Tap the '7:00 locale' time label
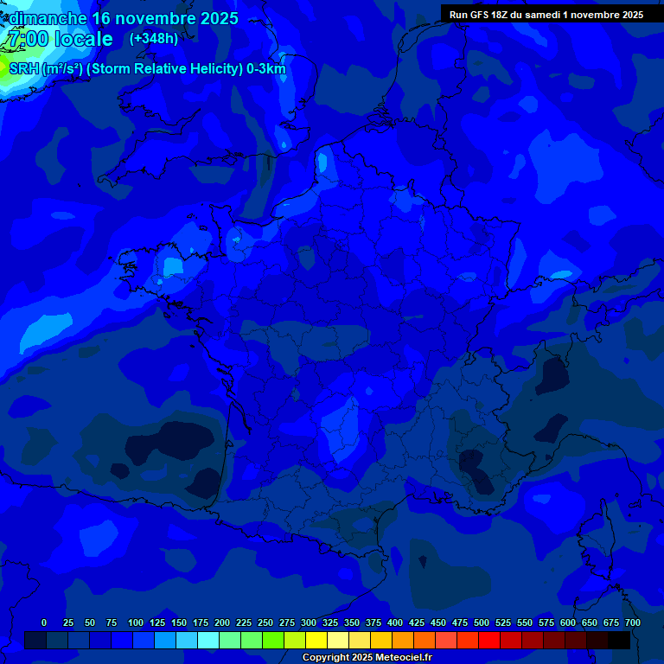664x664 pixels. pos(60,39)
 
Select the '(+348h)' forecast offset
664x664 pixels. pos(154,38)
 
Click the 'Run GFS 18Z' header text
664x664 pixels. pos(479,14)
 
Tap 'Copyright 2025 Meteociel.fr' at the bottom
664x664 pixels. pos(367,657)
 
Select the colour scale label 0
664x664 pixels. pos(44,622)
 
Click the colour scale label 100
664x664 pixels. pos(136,622)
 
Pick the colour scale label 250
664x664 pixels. pos(265,622)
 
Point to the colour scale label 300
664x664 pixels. pos(309,622)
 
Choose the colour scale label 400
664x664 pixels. pos(395,622)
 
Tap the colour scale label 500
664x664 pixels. pos(482,622)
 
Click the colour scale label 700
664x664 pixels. pos(633,622)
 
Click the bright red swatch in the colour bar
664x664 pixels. pos(489,640)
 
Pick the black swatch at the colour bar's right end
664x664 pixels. pos(619,640)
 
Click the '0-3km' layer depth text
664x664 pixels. pos(265,69)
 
